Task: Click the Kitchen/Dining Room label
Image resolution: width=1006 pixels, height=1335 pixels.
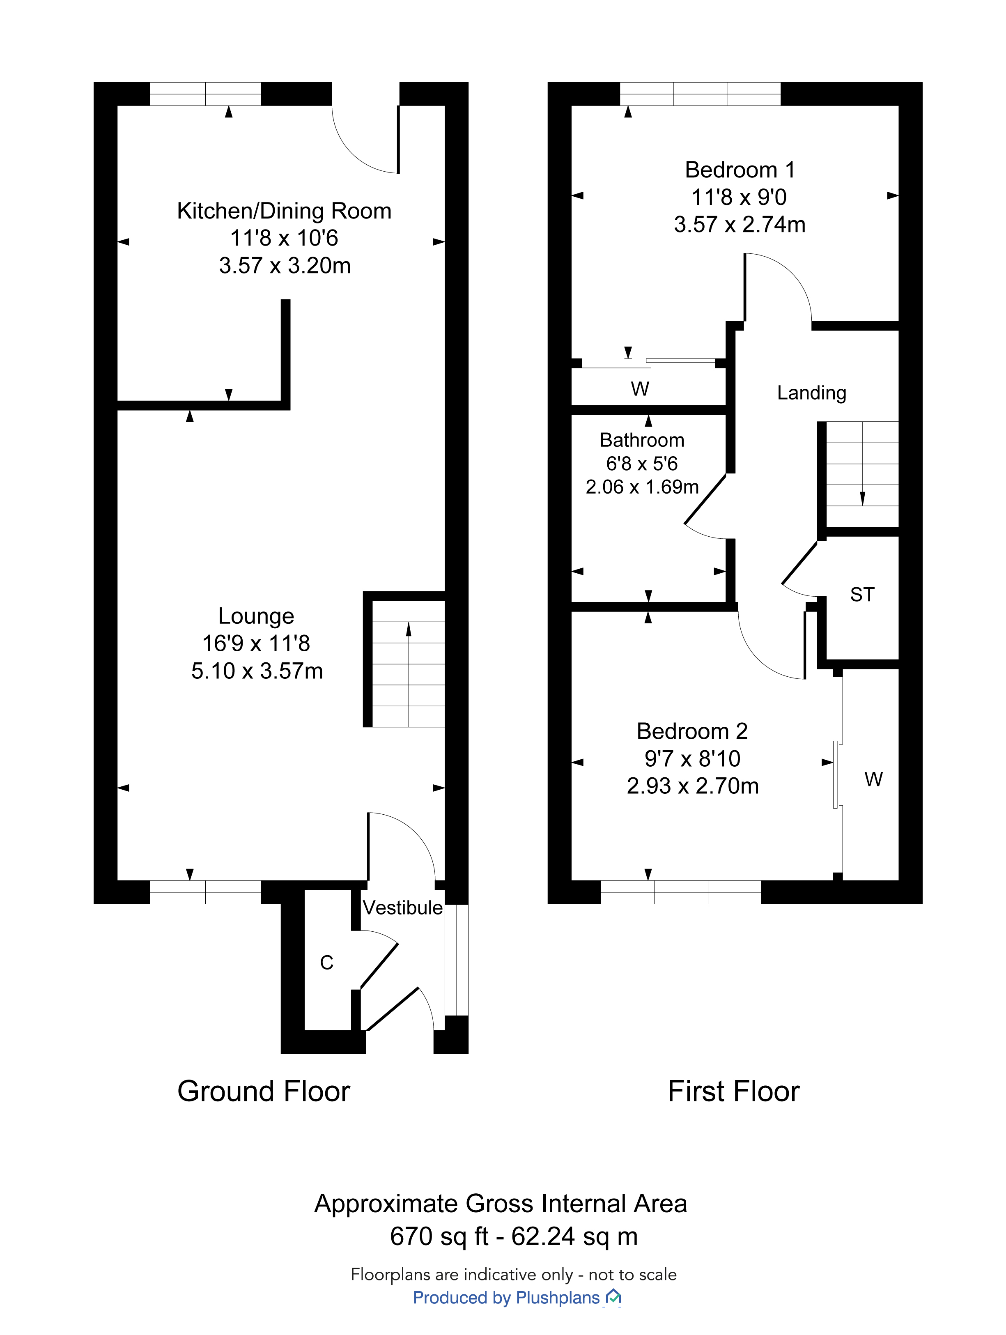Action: coord(284,211)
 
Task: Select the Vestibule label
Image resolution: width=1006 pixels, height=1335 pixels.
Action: coord(402,908)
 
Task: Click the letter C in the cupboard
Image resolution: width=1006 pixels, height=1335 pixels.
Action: coord(326,963)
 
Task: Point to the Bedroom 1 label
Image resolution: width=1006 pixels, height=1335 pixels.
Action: coord(740,170)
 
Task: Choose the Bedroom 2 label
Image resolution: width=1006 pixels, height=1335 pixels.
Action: coord(692,731)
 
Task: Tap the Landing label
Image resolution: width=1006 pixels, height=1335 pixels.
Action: coord(812,393)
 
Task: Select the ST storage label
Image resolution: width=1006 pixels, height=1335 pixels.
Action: coord(862,595)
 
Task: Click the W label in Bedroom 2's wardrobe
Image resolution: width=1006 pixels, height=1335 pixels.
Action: coord(873,779)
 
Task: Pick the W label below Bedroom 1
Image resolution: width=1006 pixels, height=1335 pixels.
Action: coord(640,388)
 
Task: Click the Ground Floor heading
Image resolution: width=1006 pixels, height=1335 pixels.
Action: coord(264,1091)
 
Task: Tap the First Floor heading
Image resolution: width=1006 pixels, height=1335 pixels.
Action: coord(734,1091)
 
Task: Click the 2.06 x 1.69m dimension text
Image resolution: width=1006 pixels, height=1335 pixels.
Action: coord(642,487)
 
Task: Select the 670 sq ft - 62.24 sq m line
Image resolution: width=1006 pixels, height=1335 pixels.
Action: coord(514,1236)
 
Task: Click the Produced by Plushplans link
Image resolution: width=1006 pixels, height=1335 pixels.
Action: coord(517,1298)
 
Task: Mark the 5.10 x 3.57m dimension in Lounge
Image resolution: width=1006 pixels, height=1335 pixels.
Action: coord(257,671)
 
